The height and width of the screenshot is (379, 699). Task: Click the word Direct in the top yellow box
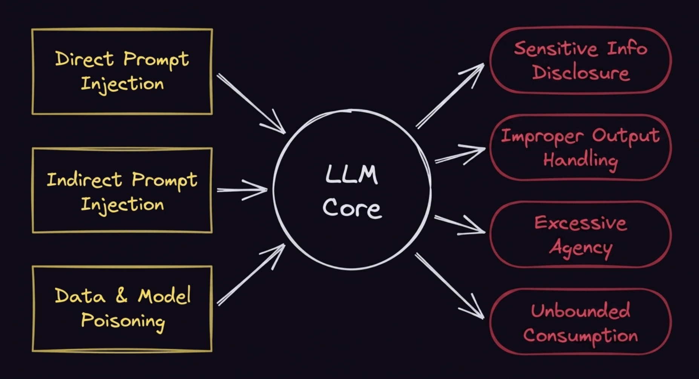tap(84, 59)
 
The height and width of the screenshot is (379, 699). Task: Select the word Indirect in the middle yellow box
tap(84, 180)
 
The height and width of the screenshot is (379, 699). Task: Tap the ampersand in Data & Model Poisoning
tap(121, 296)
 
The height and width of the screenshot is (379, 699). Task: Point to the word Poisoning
tap(123, 321)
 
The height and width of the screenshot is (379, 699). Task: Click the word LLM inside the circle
tap(351, 175)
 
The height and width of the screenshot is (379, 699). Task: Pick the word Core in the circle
tap(352, 208)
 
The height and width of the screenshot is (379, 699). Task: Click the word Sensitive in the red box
tap(556, 49)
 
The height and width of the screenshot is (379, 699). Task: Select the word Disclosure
tap(581, 73)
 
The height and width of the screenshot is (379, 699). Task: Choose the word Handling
tap(581, 160)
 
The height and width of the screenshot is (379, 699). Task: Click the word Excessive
tap(581, 223)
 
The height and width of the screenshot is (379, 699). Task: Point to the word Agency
tap(581, 248)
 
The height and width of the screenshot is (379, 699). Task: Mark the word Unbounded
tap(581, 311)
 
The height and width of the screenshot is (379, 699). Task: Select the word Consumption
tap(581, 336)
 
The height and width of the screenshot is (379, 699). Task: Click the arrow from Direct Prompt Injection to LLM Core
tap(251, 103)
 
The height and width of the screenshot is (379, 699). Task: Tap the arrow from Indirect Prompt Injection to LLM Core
tap(242, 189)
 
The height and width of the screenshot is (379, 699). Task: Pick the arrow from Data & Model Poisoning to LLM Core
tap(251, 274)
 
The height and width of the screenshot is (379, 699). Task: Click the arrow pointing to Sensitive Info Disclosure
tap(450, 96)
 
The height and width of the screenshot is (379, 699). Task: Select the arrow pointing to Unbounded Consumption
tap(449, 286)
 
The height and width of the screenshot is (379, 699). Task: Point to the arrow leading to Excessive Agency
tap(460, 225)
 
